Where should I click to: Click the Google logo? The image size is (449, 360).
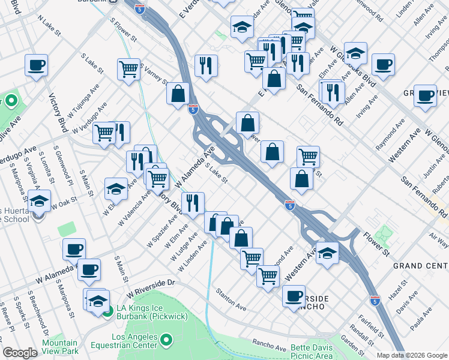[x=19, y=353]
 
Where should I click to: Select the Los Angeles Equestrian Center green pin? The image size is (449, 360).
[x=167, y=341]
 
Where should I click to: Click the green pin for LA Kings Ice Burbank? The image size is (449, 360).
[x=107, y=311]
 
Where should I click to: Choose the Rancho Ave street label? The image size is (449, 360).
[x=269, y=347]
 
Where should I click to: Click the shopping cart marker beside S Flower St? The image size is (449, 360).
[x=129, y=69]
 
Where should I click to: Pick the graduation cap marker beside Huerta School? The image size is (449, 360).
[x=40, y=201]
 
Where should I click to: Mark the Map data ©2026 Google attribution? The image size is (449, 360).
[x=412, y=355]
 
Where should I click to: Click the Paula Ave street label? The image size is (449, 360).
[x=421, y=319]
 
